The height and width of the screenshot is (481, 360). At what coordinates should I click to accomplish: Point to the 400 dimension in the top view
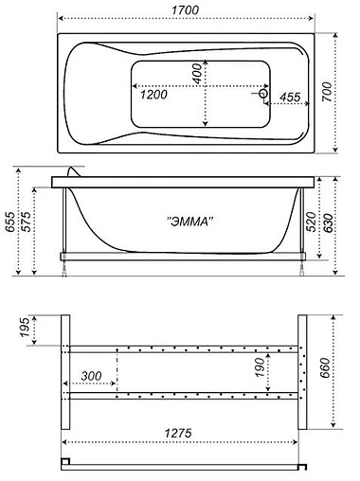tap(197, 73)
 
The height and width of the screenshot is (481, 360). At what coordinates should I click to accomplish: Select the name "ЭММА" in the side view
tap(190, 221)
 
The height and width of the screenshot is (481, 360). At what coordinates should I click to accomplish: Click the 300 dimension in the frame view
tap(92, 376)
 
